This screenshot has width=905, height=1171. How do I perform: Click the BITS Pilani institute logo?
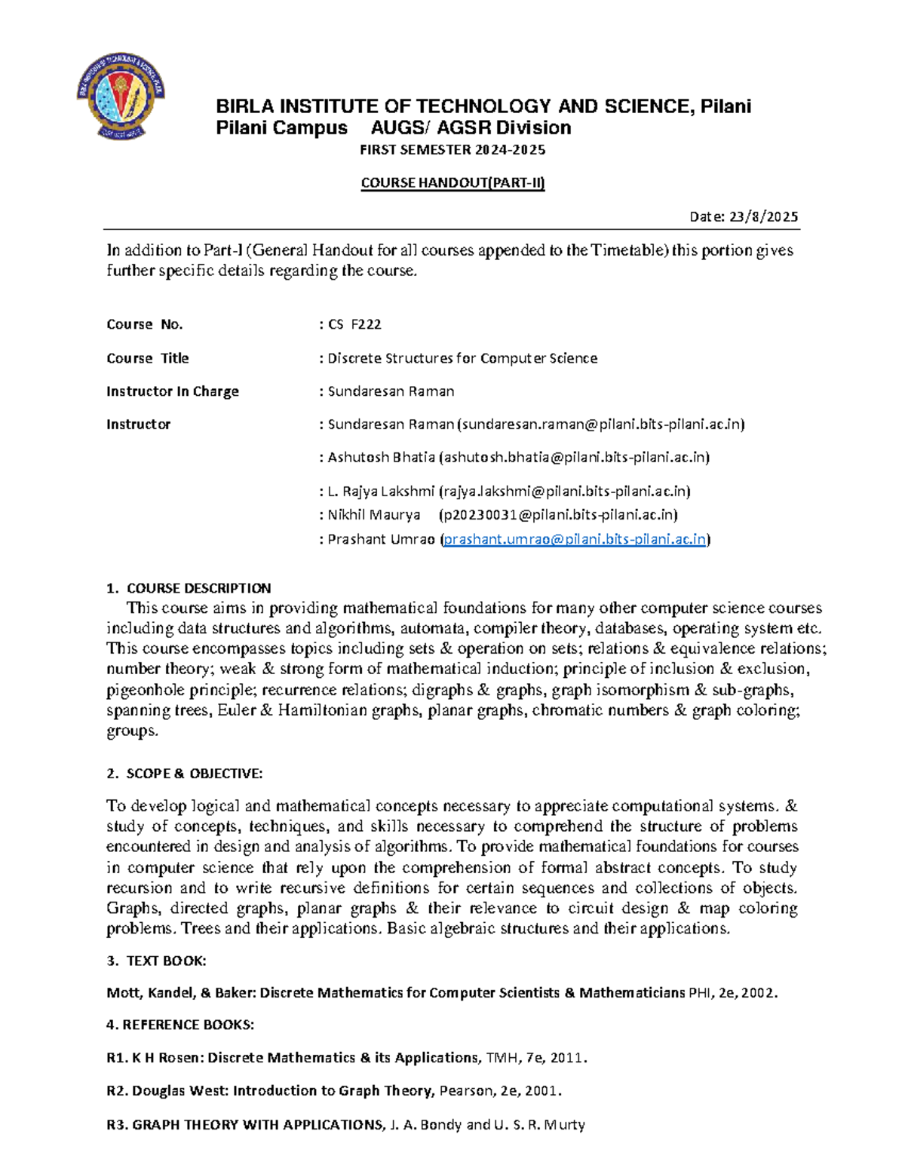(x=121, y=96)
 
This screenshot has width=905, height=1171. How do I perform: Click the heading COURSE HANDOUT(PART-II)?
(x=452, y=182)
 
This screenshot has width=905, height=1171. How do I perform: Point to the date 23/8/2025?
(x=762, y=217)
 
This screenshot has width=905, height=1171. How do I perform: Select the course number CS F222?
(x=354, y=324)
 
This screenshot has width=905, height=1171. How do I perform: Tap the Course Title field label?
(x=148, y=358)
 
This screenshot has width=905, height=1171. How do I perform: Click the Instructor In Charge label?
(x=173, y=391)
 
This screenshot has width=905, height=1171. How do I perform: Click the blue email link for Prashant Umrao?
(x=575, y=539)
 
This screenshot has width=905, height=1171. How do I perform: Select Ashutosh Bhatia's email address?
(x=575, y=457)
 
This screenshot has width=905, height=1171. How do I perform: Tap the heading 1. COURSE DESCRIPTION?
(x=189, y=588)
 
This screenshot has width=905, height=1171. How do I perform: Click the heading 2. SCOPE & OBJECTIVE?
(x=185, y=774)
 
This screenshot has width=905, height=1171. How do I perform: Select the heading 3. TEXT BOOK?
(x=157, y=961)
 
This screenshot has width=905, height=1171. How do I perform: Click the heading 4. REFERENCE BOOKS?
(x=180, y=1025)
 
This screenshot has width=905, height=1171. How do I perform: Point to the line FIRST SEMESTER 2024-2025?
(x=452, y=150)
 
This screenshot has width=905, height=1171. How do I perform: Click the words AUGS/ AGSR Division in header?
(x=471, y=128)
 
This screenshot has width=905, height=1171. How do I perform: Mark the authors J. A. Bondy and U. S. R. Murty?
(x=487, y=1125)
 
